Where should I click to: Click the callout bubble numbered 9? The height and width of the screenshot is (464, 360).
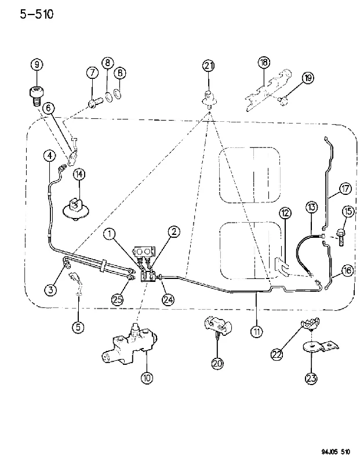(37, 64)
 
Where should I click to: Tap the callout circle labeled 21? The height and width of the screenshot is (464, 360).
(209, 66)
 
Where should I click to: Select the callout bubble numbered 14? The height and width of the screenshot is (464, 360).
(79, 175)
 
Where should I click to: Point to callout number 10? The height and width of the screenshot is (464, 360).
(147, 378)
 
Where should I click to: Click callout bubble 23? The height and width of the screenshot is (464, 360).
(311, 378)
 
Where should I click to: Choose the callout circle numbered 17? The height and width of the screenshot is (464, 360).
(345, 188)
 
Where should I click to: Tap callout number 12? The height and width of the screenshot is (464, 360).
(285, 213)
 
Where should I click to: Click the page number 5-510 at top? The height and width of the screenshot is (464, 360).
(37, 14)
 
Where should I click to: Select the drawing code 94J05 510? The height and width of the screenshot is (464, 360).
(336, 452)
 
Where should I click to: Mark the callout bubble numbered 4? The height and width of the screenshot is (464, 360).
(49, 155)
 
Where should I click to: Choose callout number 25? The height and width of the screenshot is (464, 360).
(118, 299)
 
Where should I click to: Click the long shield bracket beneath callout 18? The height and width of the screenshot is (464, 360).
(268, 90)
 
